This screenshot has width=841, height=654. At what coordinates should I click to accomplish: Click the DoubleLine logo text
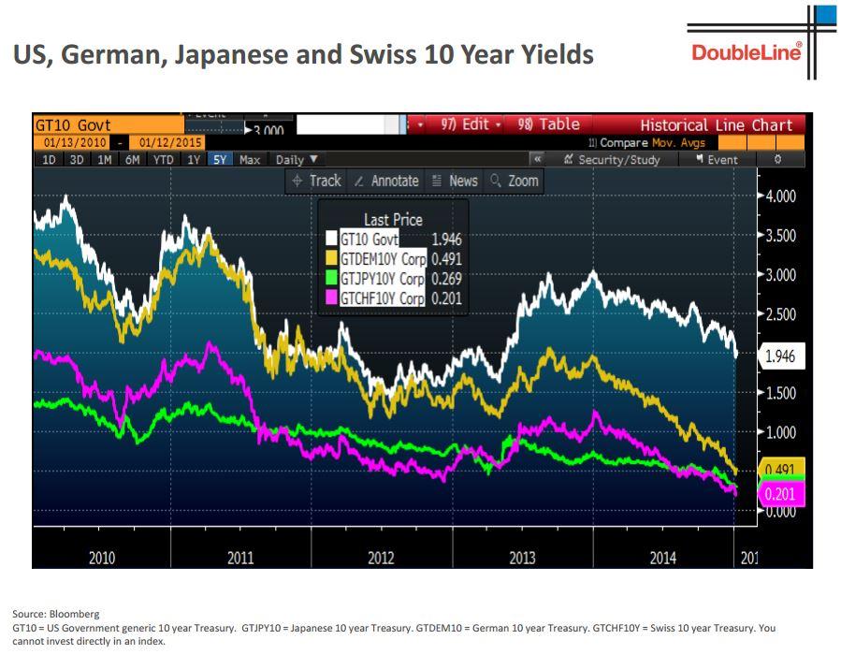point(746,51)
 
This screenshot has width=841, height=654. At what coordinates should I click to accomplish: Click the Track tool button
point(317,181)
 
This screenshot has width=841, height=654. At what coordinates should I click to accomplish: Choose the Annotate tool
point(386,181)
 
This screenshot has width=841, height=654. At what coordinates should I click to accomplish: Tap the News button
point(455,181)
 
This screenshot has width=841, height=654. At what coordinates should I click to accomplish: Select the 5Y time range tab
point(219,159)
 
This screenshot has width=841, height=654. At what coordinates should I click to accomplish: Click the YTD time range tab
point(163,159)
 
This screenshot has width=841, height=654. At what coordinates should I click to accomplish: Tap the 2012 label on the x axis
point(381,558)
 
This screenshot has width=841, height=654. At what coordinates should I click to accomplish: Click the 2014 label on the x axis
point(662,558)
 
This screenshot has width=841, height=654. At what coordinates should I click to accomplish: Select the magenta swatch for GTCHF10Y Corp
point(331,298)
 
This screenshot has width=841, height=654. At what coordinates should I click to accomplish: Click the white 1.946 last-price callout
point(779,356)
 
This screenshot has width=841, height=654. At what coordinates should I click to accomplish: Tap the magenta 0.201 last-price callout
point(778,494)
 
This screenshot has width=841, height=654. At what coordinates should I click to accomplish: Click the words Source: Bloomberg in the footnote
point(55,614)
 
